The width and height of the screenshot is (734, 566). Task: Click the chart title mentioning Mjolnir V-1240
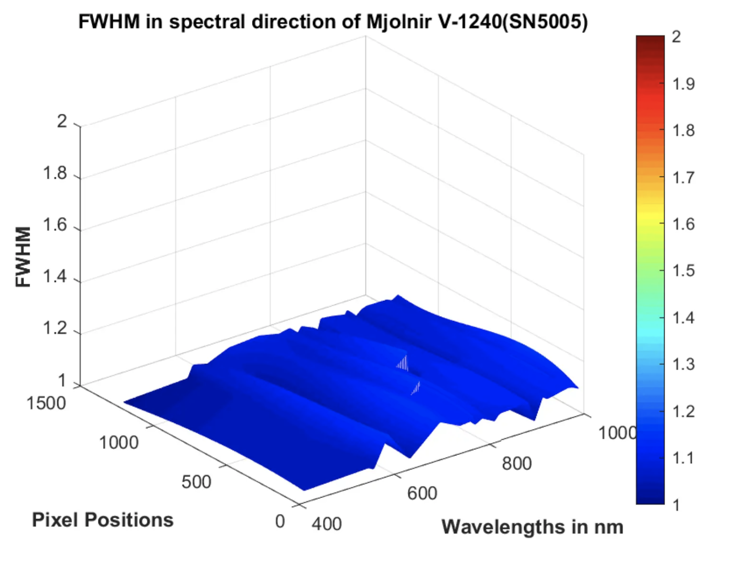click(333, 22)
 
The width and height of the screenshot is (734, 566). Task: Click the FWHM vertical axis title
click(23, 256)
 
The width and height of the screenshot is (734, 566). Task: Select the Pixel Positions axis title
click(103, 520)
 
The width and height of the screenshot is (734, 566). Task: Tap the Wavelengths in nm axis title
click(532, 527)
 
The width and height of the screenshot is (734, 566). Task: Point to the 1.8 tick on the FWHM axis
click(55, 173)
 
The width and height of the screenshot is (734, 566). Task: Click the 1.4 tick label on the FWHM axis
click(55, 276)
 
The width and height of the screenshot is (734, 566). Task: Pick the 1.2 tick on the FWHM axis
click(55, 328)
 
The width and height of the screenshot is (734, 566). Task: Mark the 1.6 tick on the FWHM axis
click(55, 225)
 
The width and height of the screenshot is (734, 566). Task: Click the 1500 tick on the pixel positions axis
click(46, 403)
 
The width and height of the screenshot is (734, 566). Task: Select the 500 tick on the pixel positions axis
click(196, 482)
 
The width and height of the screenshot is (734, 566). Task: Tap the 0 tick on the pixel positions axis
click(280, 521)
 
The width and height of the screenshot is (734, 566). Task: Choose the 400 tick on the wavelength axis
click(327, 524)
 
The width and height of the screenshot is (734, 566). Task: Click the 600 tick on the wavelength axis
click(422, 493)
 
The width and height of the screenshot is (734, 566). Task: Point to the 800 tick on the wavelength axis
click(516, 463)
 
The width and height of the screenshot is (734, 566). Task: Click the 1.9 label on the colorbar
click(684, 84)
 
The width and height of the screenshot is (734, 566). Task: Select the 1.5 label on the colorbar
click(684, 270)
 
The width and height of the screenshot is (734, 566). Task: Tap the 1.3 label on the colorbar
click(684, 364)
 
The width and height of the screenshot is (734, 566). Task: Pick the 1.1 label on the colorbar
click(684, 458)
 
